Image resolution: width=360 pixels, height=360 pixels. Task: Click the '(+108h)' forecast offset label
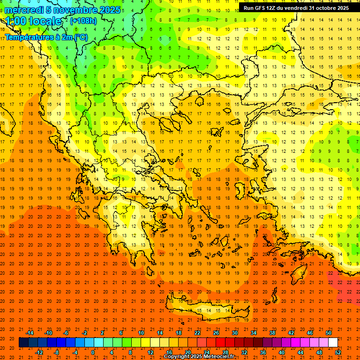[83, 21]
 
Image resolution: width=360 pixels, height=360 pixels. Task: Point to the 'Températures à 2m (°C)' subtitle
[46, 37]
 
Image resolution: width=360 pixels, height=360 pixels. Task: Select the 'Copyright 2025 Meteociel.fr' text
[199, 356]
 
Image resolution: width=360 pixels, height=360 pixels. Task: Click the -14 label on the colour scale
[29, 333]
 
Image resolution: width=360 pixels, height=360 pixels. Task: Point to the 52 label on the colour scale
[338, 352]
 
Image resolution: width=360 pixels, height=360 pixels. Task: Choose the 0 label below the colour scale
[93, 352]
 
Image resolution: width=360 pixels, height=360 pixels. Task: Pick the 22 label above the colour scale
[197, 333]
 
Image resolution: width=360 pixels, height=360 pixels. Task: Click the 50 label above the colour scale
[329, 333]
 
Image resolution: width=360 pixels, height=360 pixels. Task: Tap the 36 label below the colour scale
[263, 352]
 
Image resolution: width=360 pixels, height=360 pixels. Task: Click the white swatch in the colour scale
[333, 343]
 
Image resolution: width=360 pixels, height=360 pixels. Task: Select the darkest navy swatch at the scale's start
[23, 343]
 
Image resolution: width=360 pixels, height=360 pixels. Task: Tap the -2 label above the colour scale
[85, 333]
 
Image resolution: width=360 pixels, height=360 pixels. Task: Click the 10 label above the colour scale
[141, 333]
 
